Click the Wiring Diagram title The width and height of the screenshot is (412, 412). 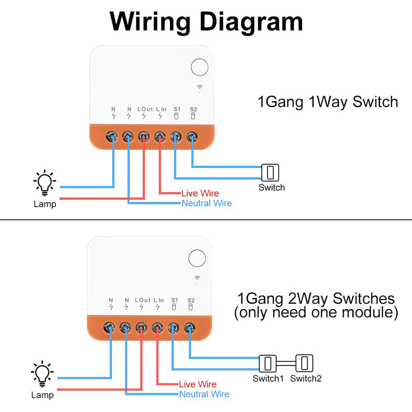pyautogui.click(x=206, y=21)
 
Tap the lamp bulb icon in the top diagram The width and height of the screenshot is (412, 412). pyautogui.click(x=44, y=183)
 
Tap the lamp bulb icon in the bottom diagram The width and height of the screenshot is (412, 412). pyautogui.click(x=42, y=374)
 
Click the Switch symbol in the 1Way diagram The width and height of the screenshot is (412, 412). pyautogui.click(x=270, y=172)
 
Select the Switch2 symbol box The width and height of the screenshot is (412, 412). pyautogui.click(x=304, y=363)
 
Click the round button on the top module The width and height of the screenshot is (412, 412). pyautogui.click(x=200, y=67)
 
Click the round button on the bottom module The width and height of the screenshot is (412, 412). pyautogui.click(x=197, y=258)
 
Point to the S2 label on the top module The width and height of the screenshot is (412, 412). pyautogui.click(x=193, y=109)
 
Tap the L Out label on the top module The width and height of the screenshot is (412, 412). pyautogui.click(x=144, y=109)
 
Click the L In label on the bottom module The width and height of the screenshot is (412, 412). pyautogui.click(x=159, y=300)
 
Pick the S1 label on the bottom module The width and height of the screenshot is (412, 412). pyautogui.click(x=174, y=300)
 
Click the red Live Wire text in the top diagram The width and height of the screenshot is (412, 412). pyautogui.click(x=200, y=193)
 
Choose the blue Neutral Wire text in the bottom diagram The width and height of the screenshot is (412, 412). pyautogui.click(x=204, y=394)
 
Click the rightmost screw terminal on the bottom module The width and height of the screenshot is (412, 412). pyautogui.click(x=189, y=328)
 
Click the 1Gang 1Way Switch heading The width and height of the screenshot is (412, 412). pyautogui.click(x=328, y=101)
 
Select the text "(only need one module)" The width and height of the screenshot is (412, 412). pyautogui.click(x=316, y=312)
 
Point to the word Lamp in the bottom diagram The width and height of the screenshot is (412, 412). pyautogui.click(x=42, y=395)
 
